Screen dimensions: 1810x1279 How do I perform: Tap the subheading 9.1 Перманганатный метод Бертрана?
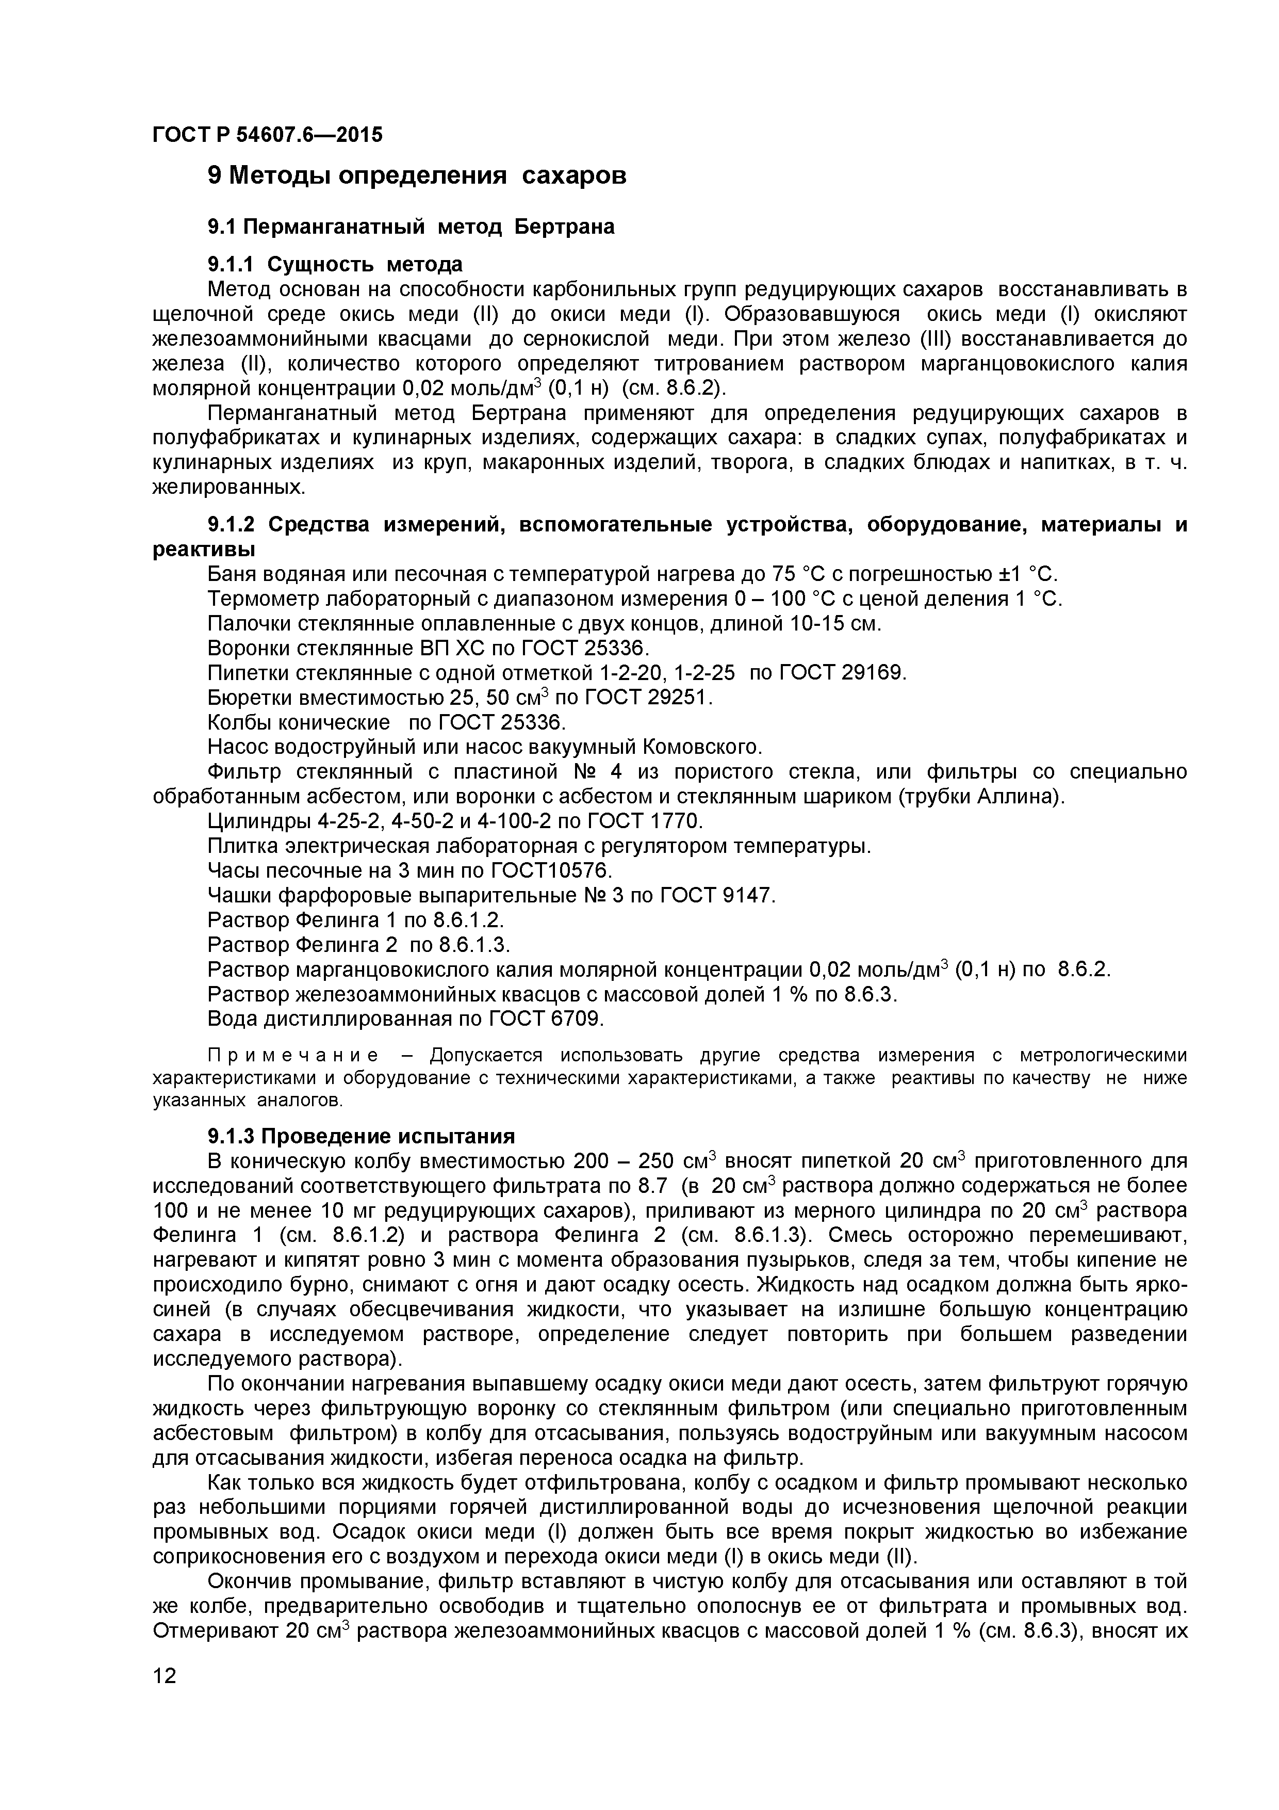[x=411, y=227]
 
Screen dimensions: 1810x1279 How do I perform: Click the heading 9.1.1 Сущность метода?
[x=335, y=263]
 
